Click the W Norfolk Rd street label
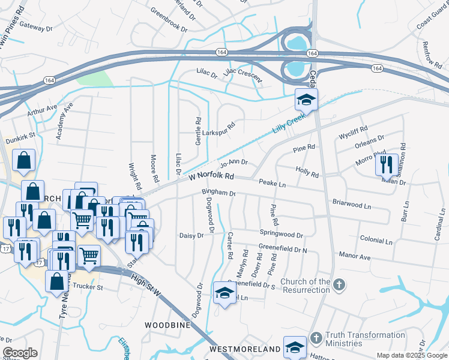(x=211, y=176)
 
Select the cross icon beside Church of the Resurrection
(x=339, y=284)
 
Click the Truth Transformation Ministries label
(x=365, y=339)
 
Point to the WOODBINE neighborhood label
(x=167, y=325)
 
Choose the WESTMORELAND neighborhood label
(x=245, y=349)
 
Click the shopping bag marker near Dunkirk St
(x=23, y=160)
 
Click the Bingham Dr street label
(x=219, y=194)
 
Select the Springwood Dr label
(x=281, y=234)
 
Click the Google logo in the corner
(x=20, y=353)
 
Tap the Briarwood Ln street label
(x=352, y=205)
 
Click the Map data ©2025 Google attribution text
(x=411, y=355)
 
